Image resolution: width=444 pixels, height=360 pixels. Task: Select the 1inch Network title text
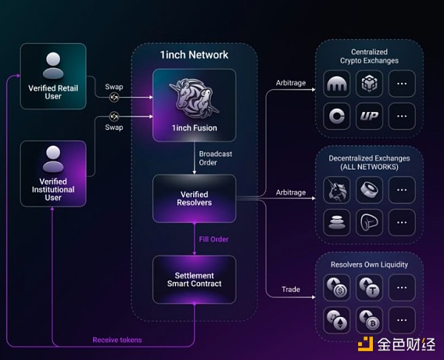coord(194,55)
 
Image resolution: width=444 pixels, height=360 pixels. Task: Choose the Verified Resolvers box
coord(194,198)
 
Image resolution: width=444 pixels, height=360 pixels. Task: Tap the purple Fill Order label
coord(213,239)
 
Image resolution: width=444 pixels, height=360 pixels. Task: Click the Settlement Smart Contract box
coord(194,279)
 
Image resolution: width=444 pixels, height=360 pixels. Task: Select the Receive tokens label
coord(116,340)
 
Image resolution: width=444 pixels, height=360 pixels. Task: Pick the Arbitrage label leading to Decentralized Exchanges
coord(291,193)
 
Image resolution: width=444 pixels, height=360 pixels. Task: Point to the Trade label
coord(291,289)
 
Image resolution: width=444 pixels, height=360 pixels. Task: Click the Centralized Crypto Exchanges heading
coord(369,56)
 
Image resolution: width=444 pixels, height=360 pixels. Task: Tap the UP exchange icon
coord(369,116)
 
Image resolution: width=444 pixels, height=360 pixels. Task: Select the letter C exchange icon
coord(337,116)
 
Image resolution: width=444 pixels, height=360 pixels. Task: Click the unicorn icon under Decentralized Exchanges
coord(337,190)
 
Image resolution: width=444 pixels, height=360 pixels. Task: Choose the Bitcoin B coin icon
coord(369,319)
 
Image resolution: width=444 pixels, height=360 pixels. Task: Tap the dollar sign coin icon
coord(337,287)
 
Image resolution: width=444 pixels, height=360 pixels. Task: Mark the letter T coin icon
coord(369,287)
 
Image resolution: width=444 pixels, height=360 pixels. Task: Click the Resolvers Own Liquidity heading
coord(369,264)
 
